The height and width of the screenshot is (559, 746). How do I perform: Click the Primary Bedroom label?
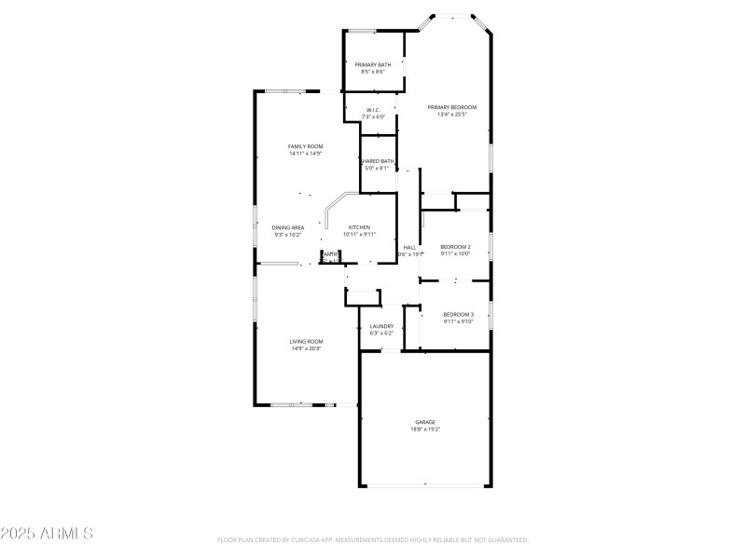[x=451, y=108]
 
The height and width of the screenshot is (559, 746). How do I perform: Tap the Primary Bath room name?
[x=373, y=64]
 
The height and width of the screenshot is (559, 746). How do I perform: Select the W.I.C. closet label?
[x=373, y=110]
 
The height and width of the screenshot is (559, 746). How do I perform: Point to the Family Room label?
[x=305, y=146]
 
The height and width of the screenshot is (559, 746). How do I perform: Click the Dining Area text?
[x=287, y=227]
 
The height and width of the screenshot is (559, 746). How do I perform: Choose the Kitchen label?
[x=360, y=227]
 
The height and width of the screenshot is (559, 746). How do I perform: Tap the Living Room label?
[x=306, y=341]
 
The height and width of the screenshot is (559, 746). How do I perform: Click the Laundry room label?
[x=381, y=326]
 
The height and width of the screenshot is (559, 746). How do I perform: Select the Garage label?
[x=425, y=422]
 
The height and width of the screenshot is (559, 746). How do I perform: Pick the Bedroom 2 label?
[x=456, y=246]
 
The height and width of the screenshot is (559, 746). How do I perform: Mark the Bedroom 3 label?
[x=458, y=314]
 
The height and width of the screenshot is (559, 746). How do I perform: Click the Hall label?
[x=409, y=247]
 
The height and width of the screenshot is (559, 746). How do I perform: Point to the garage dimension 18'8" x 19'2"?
[x=425, y=429]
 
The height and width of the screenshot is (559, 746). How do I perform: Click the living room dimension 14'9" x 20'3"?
[x=306, y=348]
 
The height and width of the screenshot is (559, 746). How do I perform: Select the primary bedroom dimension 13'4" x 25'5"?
[x=451, y=116]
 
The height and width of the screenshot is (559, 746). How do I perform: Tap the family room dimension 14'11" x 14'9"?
[x=305, y=154]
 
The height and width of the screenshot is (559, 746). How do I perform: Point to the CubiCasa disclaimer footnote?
[x=373, y=539]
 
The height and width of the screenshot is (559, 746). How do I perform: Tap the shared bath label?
[x=379, y=161]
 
